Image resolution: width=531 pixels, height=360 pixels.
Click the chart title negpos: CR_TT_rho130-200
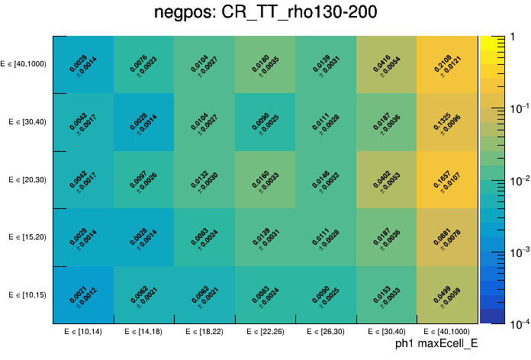pos(265,13)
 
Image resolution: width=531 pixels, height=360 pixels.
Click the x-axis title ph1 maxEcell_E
pos(436,345)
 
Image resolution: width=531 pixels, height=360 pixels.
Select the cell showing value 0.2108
pos(447,65)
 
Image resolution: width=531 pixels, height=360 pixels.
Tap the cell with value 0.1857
pos(447,180)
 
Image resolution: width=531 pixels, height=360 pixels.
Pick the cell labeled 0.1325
pos(447,122)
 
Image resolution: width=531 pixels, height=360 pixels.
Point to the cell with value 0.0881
pos(447,237)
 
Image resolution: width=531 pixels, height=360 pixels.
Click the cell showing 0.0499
pos(447,295)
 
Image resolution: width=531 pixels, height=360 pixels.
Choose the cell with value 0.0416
pos(387,65)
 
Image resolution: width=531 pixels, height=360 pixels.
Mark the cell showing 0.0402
pos(387,180)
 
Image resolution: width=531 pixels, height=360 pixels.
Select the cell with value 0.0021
pos(84,295)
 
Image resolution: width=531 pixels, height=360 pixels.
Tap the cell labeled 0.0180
pos(265,65)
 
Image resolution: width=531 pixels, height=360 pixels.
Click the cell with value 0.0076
pos(144,65)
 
